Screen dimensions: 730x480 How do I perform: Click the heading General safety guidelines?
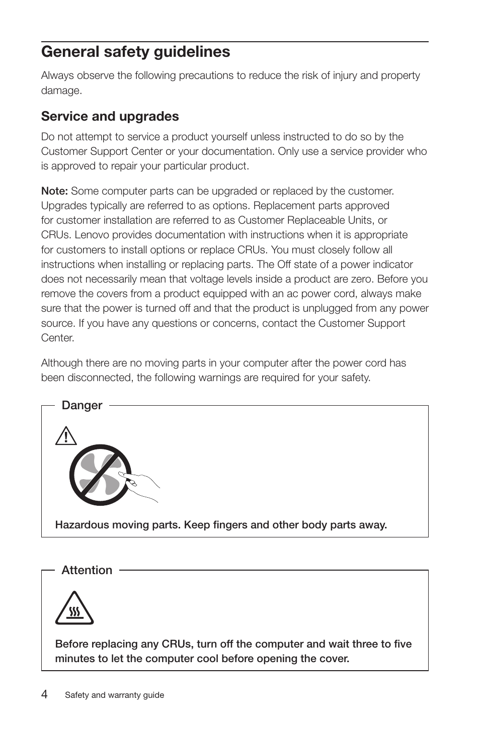135,52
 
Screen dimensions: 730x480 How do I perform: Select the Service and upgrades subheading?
110,116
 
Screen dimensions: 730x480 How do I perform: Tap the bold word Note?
54,191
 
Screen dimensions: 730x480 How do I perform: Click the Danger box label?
82,405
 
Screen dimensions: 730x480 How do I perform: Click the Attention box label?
87,570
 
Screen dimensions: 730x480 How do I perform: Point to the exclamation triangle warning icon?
66,436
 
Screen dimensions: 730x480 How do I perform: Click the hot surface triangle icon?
74,610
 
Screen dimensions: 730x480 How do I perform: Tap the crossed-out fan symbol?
100,475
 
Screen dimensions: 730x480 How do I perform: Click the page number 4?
45,694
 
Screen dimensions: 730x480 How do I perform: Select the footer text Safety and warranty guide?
114,695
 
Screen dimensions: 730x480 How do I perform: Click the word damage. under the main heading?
61,90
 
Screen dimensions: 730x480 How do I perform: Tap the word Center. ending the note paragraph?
57,338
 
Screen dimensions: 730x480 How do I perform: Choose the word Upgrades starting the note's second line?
64,206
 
